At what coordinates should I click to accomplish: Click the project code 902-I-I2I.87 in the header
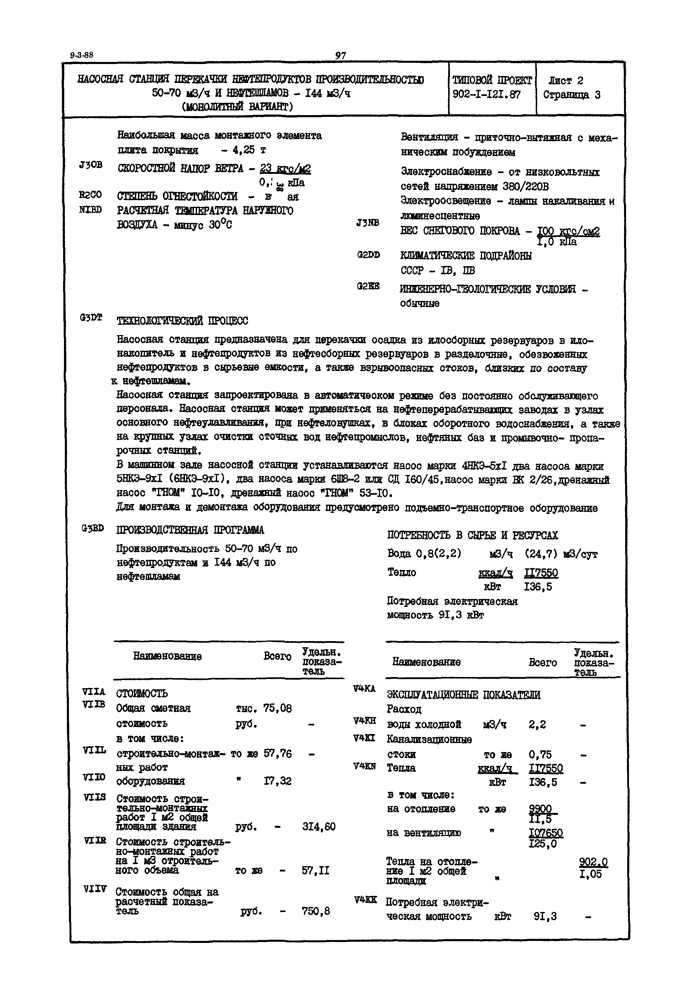click(x=486, y=94)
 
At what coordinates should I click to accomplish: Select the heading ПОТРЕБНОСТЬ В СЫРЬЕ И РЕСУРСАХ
click(x=472, y=535)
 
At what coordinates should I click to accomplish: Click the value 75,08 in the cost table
click(x=278, y=708)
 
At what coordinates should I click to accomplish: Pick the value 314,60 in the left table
click(x=319, y=826)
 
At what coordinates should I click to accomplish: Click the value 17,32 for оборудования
click(x=278, y=781)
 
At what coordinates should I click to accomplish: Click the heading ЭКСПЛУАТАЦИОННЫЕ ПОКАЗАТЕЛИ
click(x=464, y=695)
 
